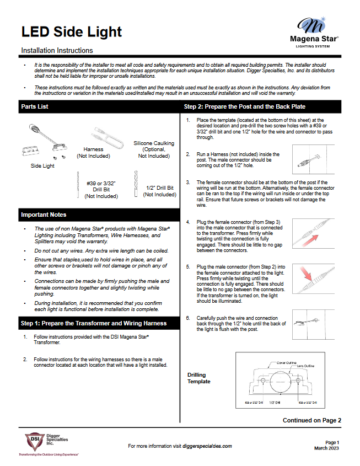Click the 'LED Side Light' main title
pyautogui.click(x=71, y=31)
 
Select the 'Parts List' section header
pyautogui.click(x=35, y=106)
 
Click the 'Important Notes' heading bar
pyautogui.click(x=44, y=215)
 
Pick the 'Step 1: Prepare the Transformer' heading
pyautogui.click(x=93, y=323)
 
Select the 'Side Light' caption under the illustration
pyautogui.click(x=42, y=165)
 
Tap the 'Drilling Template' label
pyautogui.click(x=199, y=378)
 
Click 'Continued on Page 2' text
pyautogui.click(x=311, y=420)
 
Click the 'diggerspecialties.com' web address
pyautogui.click(x=207, y=446)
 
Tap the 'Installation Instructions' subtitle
pyautogui.click(x=57, y=50)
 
